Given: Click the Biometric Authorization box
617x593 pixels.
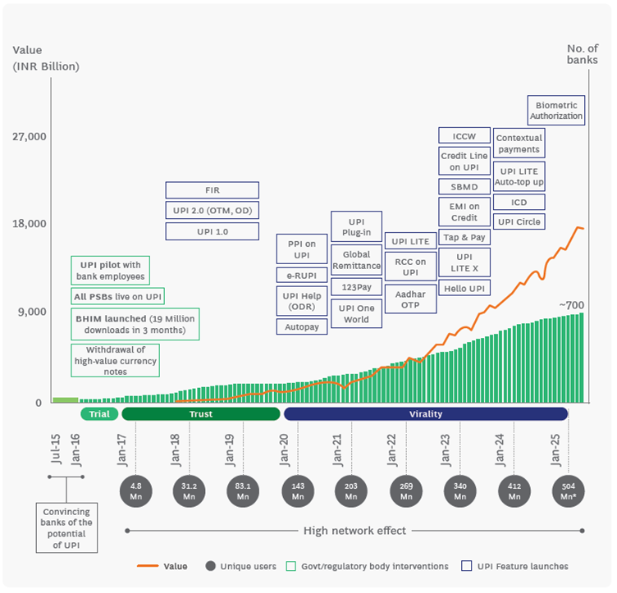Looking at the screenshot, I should click(x=557, y=111).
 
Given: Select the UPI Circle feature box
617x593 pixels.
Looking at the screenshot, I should click(x=519, y=221).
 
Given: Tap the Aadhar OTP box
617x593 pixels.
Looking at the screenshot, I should click(x=410, y=299).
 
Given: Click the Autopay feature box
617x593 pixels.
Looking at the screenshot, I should click(x=302, y=326).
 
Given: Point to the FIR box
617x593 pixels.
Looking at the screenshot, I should click(x=212, y=189).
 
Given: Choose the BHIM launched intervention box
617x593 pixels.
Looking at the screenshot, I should click(x=135, y=324).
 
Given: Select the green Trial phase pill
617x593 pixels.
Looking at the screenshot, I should click(x=99, y=414).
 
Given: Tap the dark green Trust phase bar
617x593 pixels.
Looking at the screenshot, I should click(x=201, y=414).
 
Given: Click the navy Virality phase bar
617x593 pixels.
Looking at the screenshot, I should click(x=426, y=414).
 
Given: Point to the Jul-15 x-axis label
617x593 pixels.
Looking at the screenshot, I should click(x=55, y=449).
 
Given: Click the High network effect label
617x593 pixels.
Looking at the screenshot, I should click(x=354, y=531).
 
